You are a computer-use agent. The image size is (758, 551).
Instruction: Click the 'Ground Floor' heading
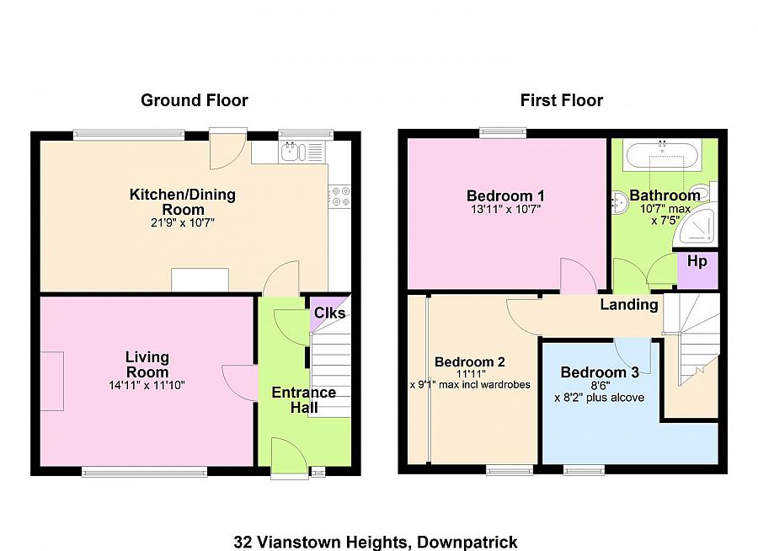pyautogui.click(x=195, y=100)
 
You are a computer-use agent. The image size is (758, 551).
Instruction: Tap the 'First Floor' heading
pyautogui.click(x=562, y=100)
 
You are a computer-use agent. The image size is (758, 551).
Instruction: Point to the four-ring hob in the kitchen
pyautogui.click(x=340, y=196)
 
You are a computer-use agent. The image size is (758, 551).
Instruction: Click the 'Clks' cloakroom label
pyautogui.click(x=329, y=313)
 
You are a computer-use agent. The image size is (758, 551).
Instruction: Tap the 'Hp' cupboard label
pyautogui.click(x=697, y=262)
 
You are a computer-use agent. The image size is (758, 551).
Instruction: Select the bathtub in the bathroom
pyautogui.click(x=662, y=156)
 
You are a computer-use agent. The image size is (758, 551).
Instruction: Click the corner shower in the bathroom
pyautogui.click(x=697, y=227)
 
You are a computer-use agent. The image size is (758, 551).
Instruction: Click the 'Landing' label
pyautogui.click(x=629, y=305)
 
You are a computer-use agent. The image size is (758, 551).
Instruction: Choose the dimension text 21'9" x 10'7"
pyautogui.click(x=182, y=223)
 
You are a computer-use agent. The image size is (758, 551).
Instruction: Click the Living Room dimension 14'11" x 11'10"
pyautogui.click(x=147, y=386)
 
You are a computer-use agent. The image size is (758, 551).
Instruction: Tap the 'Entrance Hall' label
pyautogui.click(x=303, y=399)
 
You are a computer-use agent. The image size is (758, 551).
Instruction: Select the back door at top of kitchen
pyautogui.click(x=228, y=149)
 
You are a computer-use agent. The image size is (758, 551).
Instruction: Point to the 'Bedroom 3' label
pyautogui.click(x=600, y=372)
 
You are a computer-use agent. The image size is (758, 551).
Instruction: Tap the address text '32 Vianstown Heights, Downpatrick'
pyautogui.click(x=376, y=542)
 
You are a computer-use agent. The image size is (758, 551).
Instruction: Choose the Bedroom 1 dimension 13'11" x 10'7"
pyautogui.click(x=505, y=210)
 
